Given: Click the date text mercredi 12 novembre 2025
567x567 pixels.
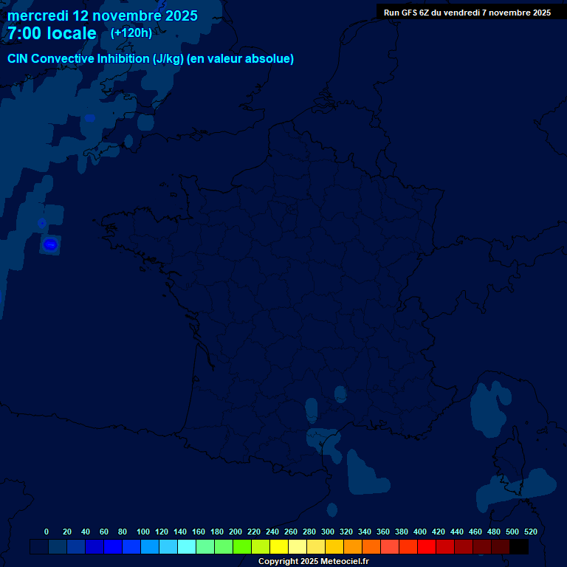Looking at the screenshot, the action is (x=102, y=16).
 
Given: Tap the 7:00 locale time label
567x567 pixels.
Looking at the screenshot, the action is (x=52, y=33).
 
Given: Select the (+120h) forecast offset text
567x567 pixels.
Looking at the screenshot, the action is (x=131, y=32).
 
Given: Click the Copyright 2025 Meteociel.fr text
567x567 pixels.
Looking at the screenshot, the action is (x=313, y=561).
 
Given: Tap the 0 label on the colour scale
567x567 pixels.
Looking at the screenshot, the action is (x=47, y=532).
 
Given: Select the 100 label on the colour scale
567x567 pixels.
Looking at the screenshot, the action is (x=143, y=532).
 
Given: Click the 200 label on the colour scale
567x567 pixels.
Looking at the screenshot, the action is (x=236, y=532).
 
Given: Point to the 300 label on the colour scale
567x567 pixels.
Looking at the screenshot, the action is (x=328, y=532).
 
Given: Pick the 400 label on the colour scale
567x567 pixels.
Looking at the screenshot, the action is (x=420, y=532).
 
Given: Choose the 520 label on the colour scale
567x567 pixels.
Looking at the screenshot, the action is (x=530, y=532).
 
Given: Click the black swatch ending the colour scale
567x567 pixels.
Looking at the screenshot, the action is (x=519, y=546).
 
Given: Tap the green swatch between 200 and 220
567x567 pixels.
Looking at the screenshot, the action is (x=242, y=546).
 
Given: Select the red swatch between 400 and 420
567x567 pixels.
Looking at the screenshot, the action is (x=427, y=546).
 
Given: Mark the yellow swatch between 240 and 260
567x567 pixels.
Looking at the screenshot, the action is (x=279, y=546).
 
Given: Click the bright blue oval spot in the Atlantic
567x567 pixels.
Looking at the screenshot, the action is (x=50, y=244).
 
